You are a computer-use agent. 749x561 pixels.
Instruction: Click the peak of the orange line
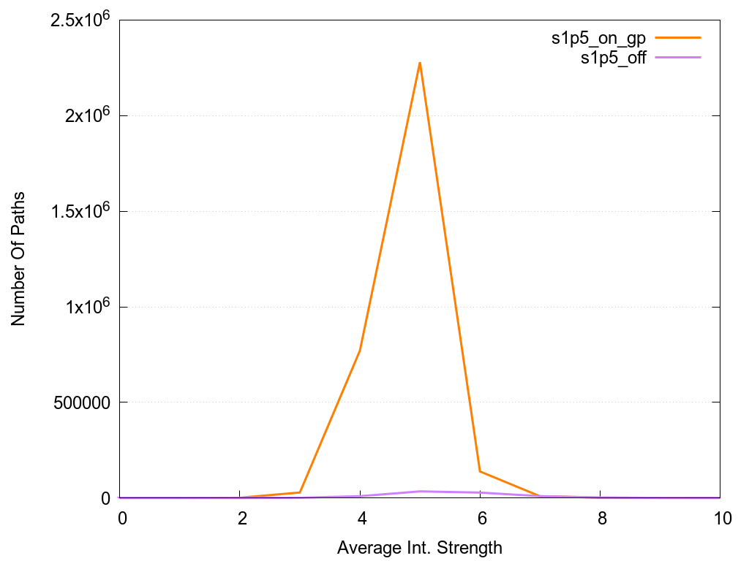420,63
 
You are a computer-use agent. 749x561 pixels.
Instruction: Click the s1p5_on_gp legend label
598,39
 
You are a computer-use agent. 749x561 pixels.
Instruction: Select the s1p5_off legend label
613,58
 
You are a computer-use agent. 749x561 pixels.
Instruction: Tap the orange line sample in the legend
678,37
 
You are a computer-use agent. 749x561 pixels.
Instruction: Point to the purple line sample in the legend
678,57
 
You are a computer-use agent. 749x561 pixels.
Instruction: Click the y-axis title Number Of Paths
18,259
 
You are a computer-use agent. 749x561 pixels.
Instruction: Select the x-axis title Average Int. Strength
420,547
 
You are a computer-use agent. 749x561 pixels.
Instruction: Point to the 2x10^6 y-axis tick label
86,116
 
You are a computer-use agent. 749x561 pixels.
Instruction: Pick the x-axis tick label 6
481,519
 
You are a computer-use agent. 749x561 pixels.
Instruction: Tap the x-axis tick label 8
601,519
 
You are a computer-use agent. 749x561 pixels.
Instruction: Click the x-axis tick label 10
720,519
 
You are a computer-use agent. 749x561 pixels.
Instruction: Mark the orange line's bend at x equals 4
360,351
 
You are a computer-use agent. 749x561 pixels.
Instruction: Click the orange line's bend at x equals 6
480,471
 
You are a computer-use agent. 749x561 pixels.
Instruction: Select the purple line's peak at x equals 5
420,491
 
